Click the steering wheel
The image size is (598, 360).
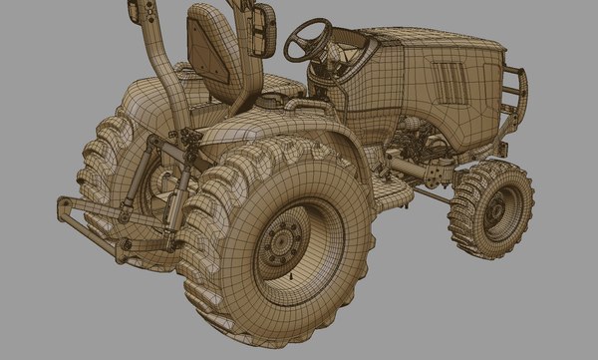(307, 38)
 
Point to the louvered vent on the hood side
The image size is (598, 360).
(449, 85)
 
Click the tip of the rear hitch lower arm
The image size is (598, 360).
(63, 205)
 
